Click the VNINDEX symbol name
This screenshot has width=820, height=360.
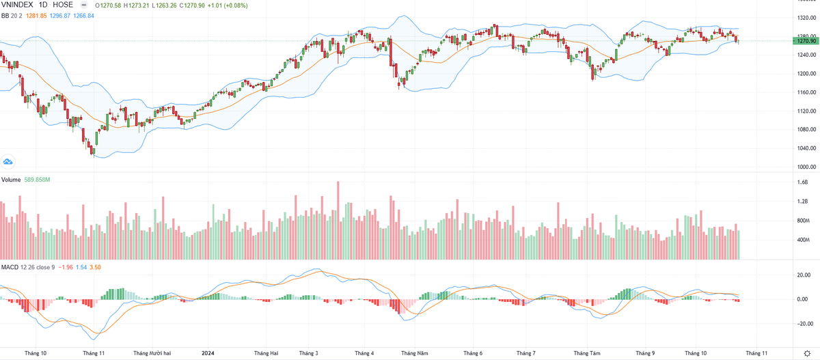(18, 5)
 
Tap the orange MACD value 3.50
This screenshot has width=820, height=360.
(96, 266)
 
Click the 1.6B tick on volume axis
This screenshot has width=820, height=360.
(802, 182)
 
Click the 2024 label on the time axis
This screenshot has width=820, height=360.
(210, 353)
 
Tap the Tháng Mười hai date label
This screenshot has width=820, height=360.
(152, 353)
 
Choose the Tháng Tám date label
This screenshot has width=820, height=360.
(587, 353)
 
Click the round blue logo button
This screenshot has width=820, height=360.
(8, 162)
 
